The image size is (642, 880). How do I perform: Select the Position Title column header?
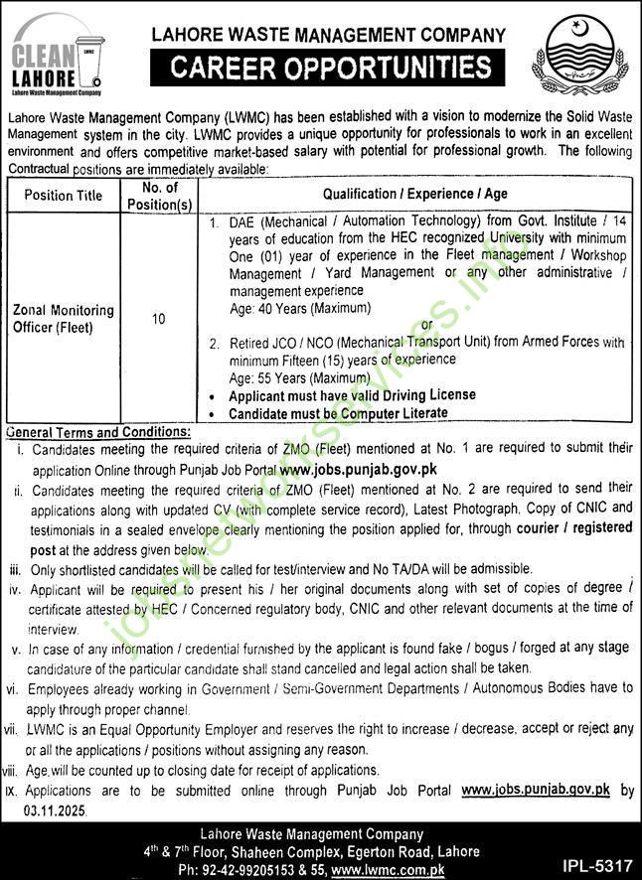(x=63, y=196)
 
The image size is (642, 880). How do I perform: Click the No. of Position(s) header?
(x=159, y=196)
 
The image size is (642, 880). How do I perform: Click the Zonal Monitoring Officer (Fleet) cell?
(x=64, y=318)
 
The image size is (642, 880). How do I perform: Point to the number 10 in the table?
(x=159, y=319)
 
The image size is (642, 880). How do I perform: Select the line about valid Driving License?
(x=352, y=395)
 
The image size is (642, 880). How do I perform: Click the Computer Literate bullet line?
(x=338, y=412)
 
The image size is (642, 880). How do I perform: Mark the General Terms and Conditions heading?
(x=97, y=432)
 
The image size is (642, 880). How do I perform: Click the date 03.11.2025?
(x=56, y=810)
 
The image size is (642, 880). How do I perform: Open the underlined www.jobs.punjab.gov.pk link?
(x=535, y=791)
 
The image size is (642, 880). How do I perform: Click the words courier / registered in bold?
(x=574, y=528)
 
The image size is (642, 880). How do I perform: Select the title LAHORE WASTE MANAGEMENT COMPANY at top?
(x=328, y=35)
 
